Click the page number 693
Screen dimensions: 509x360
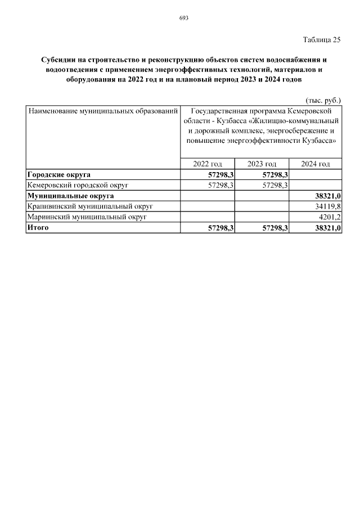click(183, 18)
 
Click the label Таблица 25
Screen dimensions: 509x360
click(322, 39)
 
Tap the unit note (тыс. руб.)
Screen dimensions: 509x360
click(323, 100)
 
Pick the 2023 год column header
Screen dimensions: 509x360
click(262, 164)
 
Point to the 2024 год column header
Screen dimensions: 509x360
click(315, 164)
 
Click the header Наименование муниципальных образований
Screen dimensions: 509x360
click(103, 111)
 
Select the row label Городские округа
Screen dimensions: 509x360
click(59, 174)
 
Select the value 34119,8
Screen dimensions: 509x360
click(328, 206)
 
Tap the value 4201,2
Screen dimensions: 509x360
click(330, 217)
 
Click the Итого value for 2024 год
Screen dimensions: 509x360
click(328, 228)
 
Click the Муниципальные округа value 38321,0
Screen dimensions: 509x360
click(328, 196)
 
